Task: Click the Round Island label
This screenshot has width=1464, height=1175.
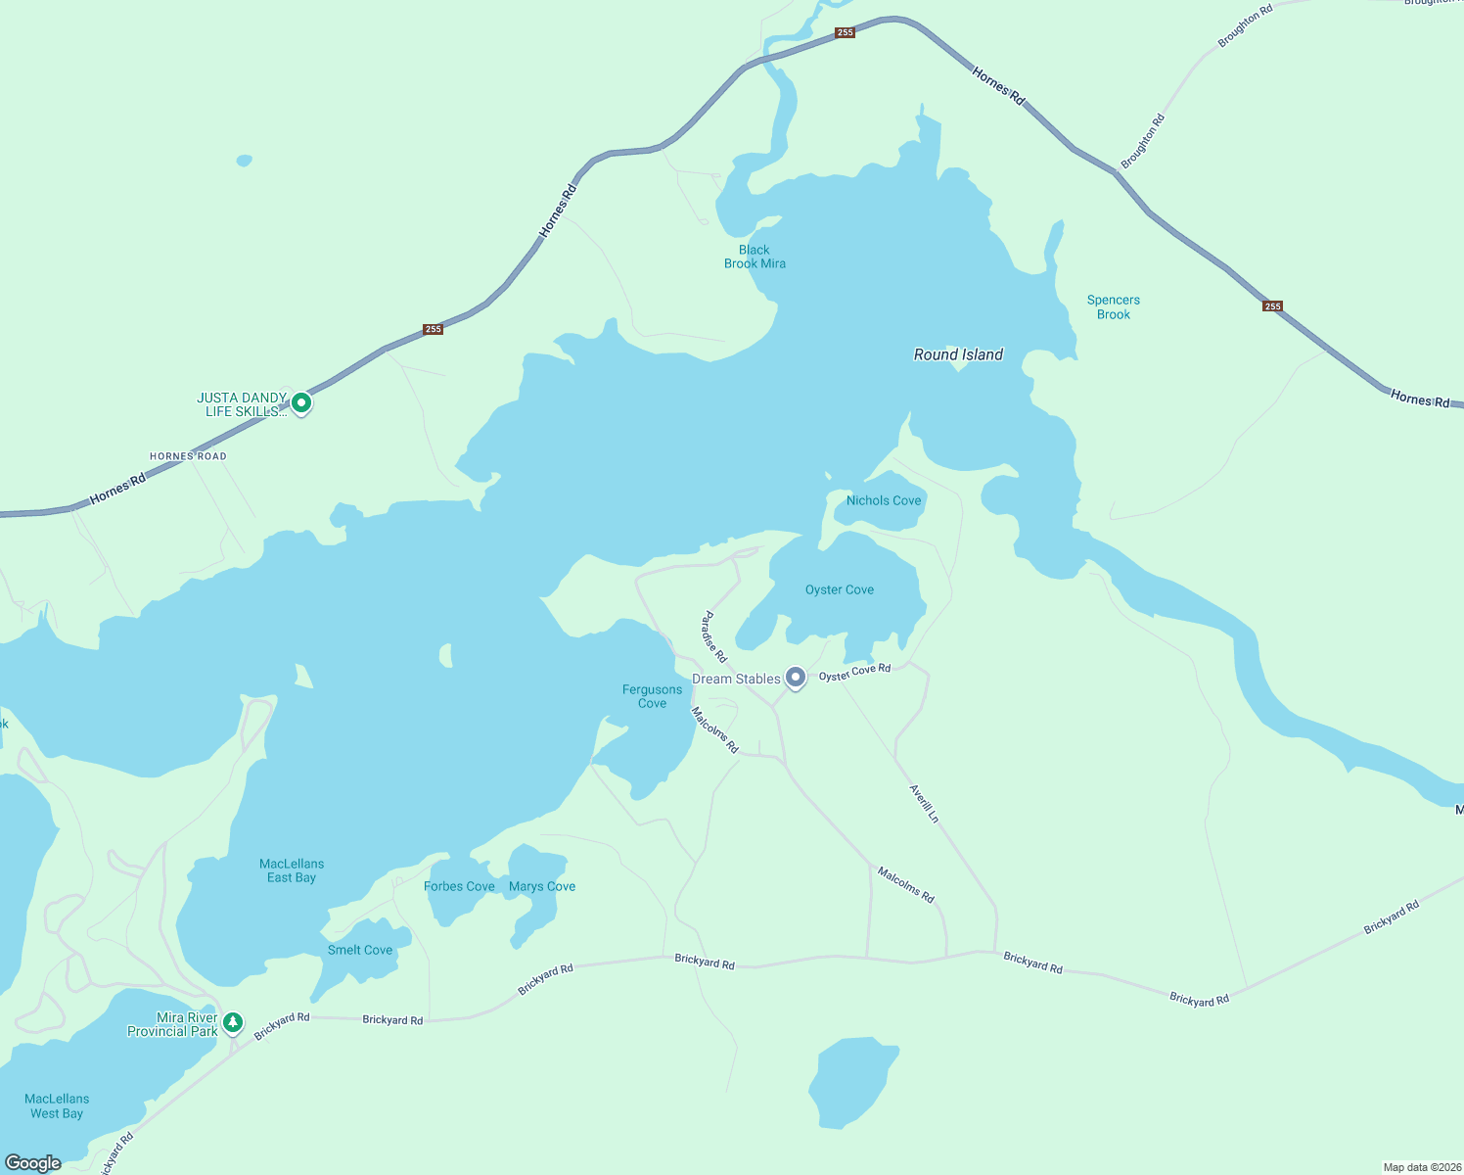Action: (x=958, y=354)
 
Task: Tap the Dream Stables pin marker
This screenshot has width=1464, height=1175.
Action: (x=796, y=677)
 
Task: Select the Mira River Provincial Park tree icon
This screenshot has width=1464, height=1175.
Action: (x=232, y=1023)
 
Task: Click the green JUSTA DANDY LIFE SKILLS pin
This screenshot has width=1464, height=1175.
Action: (x=301, y=402)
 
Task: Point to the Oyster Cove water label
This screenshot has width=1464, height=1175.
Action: (x=839, y=589)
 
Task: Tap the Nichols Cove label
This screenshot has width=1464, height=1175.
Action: (x=884, y=500)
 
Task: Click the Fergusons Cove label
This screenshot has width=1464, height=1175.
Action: (x=652, y=696)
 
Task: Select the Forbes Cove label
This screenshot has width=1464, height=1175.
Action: (x=459, y=886)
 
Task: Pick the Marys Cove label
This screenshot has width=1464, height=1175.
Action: (x=542, y=886)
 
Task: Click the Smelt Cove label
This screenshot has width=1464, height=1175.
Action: (x=360, y=950)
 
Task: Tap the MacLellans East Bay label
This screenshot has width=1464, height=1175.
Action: (x=292, y=870)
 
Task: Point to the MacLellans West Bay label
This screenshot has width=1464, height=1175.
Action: (x=57, y=1105)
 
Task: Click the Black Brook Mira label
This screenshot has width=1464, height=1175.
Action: (x=755, y=257)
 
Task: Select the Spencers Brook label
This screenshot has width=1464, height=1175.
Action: (x=1114, y=307)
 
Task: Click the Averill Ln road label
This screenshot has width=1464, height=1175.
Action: (x=924, y=804)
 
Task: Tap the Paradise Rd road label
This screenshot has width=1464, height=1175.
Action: (x=714, y=636)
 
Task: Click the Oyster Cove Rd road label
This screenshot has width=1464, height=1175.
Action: (x=854, y=673)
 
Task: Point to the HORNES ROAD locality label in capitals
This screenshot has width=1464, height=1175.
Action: (x=188, y=456)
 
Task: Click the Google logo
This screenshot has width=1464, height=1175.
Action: (x=33, y=1163)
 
